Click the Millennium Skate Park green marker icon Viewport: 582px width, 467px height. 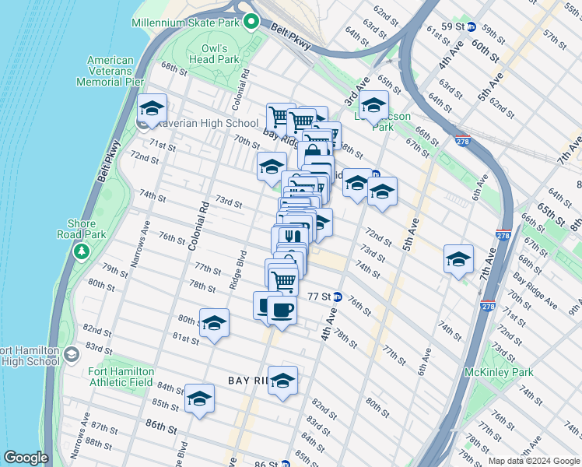pyautogui.click(x=251, y=21)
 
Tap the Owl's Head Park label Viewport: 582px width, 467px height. pyautogui.click(x=217, y=53)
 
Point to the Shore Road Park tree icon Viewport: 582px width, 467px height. pyautogui.click(x=81, y=251)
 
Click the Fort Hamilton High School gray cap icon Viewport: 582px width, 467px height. pyautogui.click(x=71, y=355)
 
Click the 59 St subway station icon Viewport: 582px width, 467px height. pyautogui.click(x=471, y=26)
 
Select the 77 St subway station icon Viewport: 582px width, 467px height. pyautogui.click(x=338, y=297)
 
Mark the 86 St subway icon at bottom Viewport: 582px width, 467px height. pyautogui.click(x=286, y=464)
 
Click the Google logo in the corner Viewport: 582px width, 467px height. pyautogui.click(x=26, y=458)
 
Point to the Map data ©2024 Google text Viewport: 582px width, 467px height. pyautogui.click(x=534, y=462)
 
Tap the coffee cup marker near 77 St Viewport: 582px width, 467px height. pyautogui.click(x=282, y=310)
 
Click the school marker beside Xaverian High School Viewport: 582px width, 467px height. pyautogui.click(x=152, y=108)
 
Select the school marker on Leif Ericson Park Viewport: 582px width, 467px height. pyautogui.click(x=373, y=104)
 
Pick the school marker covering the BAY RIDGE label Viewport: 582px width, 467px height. pyautogui.click(x=282, y=381)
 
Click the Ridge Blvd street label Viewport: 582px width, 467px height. pyautogui.click(x=239, y=269)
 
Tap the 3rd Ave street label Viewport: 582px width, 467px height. pyautogui.click(x=357, y=90)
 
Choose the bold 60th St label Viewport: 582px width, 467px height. pyautogui.click(x=484, y=47)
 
